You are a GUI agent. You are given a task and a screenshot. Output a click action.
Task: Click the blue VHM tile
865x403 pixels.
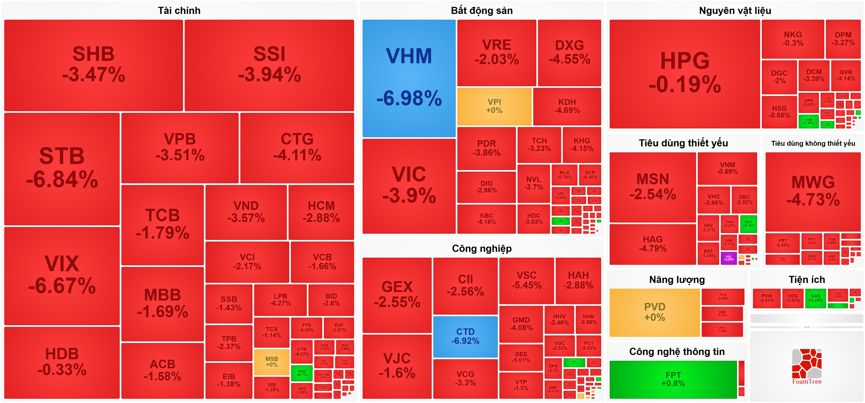pos(409,78)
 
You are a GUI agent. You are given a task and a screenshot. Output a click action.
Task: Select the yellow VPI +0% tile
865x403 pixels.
pos(494,106)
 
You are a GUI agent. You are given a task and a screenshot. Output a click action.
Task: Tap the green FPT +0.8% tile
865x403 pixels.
pos(673,379)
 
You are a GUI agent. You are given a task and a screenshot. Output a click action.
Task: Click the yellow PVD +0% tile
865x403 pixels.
pos(655,312)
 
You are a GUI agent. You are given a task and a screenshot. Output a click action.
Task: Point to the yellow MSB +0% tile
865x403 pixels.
pos(271,362)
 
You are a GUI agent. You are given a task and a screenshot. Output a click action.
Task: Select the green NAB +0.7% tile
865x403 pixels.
pos(302,373)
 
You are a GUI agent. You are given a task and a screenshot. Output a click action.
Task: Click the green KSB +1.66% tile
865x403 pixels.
pos(808,121)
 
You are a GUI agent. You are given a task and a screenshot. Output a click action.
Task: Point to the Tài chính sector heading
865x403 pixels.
pos(179,11)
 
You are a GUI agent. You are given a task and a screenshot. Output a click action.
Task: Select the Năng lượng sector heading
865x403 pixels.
pos(677,280)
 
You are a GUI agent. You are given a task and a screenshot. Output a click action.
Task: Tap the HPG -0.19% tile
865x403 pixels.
pos(684,74)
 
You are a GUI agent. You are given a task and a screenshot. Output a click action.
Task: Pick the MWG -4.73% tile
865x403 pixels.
pos(813,191)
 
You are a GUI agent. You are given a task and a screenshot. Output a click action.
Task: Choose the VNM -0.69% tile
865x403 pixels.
pos(727,168)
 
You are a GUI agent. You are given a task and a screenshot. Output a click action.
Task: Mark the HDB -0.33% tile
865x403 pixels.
pos(62,362)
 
